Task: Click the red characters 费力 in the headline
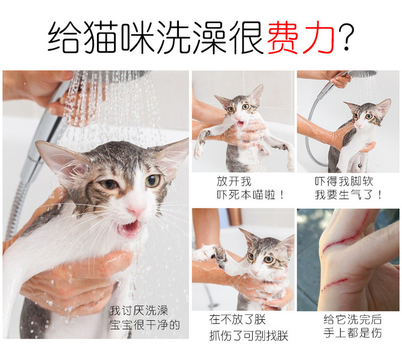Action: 302,36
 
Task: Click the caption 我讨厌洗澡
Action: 139,310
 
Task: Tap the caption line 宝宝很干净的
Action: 145,325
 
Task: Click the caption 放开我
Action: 234,181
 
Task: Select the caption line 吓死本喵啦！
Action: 251,195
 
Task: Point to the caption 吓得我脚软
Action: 344,181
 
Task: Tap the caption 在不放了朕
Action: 237,320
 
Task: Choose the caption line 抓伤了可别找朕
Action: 249,335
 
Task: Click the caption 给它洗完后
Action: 352,319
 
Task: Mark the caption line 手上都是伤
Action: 352,333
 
